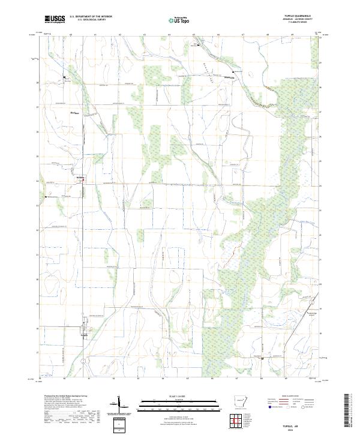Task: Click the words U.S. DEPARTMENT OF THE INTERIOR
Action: click(91, 17)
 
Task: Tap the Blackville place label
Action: click(229, 77)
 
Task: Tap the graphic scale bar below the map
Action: click(172, 404)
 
